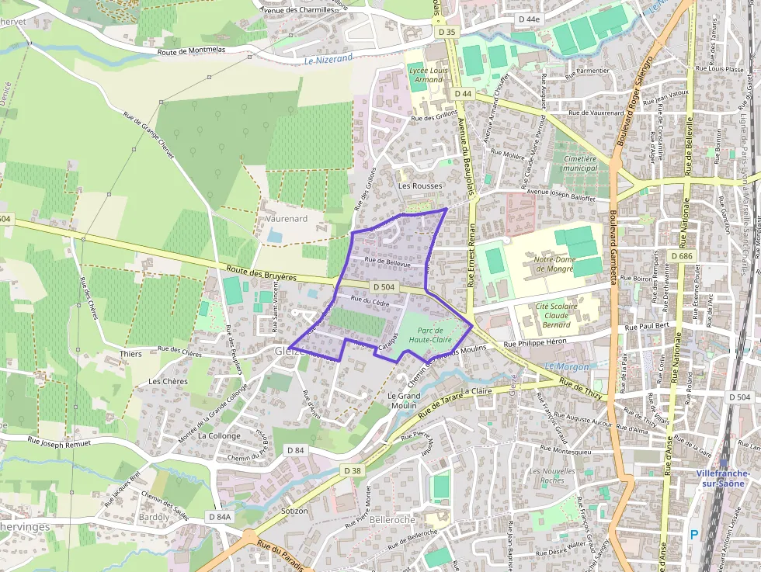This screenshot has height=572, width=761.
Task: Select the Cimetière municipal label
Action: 579,163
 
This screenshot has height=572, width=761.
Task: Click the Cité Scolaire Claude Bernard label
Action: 556,315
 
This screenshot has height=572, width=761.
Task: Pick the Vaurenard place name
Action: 287,219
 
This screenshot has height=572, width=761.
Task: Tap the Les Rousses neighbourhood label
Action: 419,186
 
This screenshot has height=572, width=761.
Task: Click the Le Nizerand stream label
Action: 328,58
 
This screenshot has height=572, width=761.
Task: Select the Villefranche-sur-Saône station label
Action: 722,478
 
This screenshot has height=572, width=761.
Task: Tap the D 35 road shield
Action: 448,32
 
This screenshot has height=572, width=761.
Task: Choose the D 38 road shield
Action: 352,470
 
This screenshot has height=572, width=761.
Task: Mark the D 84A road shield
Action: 220,516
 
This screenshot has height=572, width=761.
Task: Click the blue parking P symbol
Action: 693,534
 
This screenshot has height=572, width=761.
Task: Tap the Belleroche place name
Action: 394,519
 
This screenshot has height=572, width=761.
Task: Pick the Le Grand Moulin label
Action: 403,400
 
